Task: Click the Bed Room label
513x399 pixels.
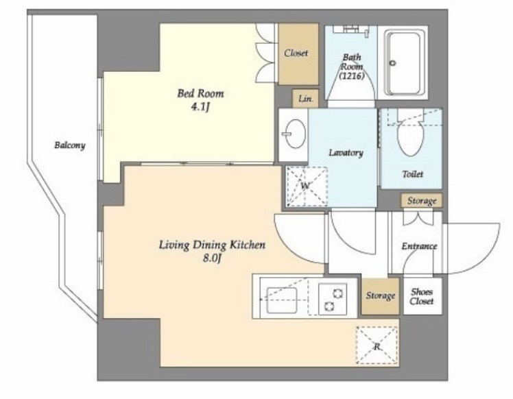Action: [200, 93]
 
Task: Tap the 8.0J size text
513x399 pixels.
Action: [213, 258]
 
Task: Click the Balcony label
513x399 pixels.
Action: [70, 145]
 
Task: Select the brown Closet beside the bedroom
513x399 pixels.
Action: [298, 54]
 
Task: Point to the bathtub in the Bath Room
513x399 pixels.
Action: [403, 63]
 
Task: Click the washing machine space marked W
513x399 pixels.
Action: [307, 186]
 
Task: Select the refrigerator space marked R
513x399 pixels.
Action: [377, 346]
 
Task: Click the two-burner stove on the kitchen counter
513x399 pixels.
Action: [333, 299]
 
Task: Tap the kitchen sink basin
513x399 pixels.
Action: [282, 300]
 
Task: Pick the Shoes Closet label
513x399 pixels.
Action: [422, 296]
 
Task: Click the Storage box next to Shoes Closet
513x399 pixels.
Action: [380, 296]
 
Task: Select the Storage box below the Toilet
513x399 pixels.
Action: [422, 200]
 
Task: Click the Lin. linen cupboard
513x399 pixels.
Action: [305, 99]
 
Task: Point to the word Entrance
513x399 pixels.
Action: [419, 246]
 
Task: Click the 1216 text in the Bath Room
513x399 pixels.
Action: [352, 76]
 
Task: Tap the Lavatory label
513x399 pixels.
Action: [346, 153]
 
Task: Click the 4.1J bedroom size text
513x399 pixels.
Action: [200, 107]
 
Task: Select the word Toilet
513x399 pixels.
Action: [413, 174]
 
